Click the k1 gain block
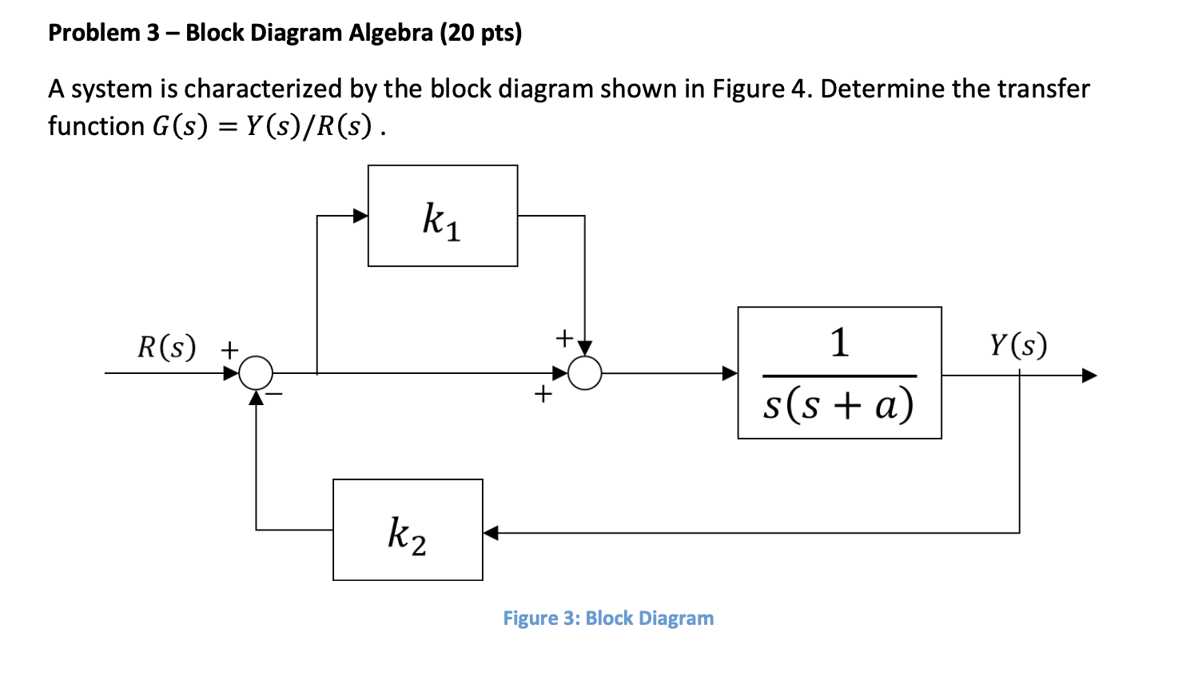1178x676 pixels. coord(442,216)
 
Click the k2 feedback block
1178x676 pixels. coord(408,530)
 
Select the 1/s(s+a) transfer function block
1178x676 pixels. coord(839,373)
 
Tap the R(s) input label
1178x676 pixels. coord(166,347)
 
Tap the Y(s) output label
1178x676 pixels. coord(1017,344)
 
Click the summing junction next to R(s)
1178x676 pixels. coord(257,373)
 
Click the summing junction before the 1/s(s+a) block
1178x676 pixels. coord(584,373)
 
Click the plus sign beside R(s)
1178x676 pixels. coord(229,350)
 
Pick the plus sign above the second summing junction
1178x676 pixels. coord(564,338)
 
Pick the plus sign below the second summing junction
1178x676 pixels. coord(543,393)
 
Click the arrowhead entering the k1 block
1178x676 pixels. coord(360,216)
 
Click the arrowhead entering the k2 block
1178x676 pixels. coord(491,532)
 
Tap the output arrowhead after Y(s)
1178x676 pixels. coord(1089,375)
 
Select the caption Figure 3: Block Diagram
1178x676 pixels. coord(607,618)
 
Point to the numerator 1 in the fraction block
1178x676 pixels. coord(839,342)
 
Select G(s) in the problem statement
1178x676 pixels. coord(179,126)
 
